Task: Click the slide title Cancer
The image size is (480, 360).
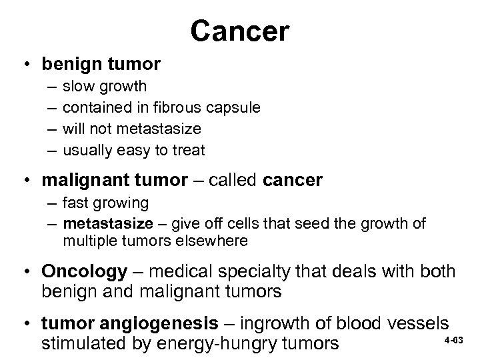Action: [239, 31]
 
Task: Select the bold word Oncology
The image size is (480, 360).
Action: [84, 271]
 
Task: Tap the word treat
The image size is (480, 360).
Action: [189, 149]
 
